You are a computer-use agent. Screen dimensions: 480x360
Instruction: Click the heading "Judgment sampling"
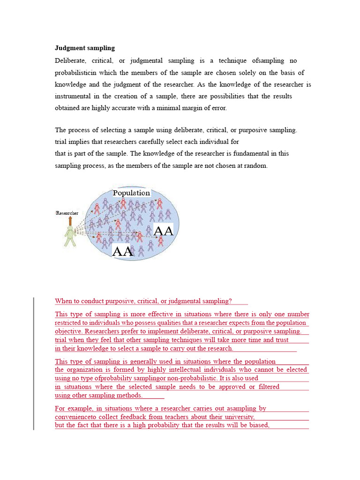pyautogui.click(x=85, y=48)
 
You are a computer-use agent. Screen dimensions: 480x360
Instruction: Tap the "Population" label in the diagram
pyautogui.click(x=131, y=193)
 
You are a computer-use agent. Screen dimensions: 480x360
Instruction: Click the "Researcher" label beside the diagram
pyautogui.click(x=67, y=213)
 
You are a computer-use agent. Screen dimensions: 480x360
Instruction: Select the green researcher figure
pyautogui.click(x=70, y=236)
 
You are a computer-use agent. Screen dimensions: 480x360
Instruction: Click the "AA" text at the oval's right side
pyautogui.click(x=164, y=231)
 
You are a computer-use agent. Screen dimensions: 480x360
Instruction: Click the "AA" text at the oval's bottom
pyautogui.click(x=123, y=251)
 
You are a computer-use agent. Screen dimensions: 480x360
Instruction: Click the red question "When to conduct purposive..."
pyautogui.click(x=143, y=301)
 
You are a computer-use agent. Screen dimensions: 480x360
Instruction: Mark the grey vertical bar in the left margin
pyautogui.click(x=33, y=363)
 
